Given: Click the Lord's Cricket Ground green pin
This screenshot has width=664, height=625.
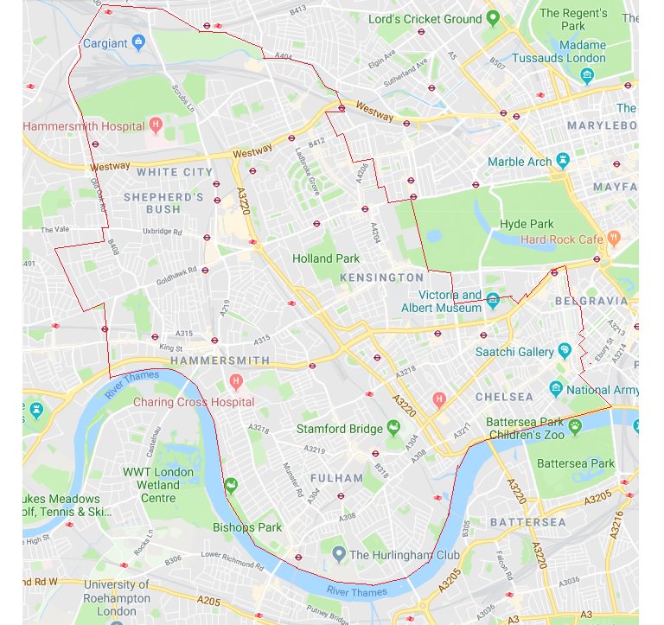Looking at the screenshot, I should click(x=492, y=18).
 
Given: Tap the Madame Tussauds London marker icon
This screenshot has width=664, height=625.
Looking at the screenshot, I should click(x=587, y=75).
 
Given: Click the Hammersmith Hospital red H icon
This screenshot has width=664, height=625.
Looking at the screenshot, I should click(x=156, y=125).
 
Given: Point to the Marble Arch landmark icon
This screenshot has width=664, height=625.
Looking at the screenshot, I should click(x=563, y=161).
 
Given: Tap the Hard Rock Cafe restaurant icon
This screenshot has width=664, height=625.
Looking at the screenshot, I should click(x=613, y=238).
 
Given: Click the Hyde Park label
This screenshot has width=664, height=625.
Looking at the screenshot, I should click(x=526, y=224).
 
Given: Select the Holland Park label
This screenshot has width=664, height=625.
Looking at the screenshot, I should click(x=326, y=258).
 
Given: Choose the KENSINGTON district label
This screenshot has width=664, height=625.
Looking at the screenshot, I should click(x=382, y=277).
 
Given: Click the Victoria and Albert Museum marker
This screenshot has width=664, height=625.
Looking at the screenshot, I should click(x=492, y=301).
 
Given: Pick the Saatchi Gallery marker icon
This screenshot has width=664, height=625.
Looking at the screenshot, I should click(x=565, y=351).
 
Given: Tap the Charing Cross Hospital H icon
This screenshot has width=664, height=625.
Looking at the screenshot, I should click(x=235, y=381).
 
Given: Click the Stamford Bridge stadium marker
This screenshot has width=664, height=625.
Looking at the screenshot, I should click(x=393, y=427).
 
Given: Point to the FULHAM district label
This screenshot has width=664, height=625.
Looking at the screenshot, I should click(x=336, y=477).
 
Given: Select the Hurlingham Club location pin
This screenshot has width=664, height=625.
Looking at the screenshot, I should click(x=339, y=553).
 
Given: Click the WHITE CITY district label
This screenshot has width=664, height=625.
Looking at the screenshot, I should click(x=174, y=172).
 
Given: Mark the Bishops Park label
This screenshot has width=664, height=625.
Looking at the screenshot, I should click(x=247, y=526).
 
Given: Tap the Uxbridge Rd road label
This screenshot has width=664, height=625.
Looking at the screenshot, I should click(x=163, y=232).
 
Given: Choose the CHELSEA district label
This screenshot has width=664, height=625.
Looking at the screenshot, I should click(x=504, y=397).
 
